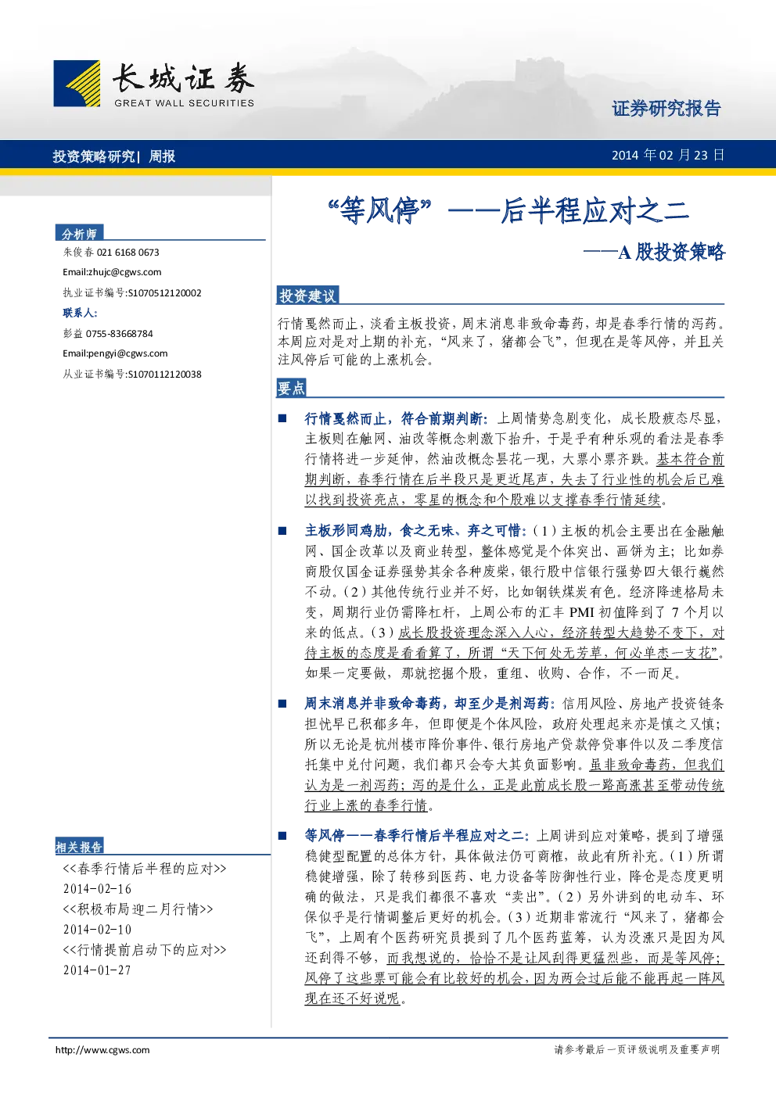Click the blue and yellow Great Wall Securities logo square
click(x=77, y=83)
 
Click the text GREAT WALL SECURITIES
click(x=184, y=103)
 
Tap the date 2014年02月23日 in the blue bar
click(x=668, y=156)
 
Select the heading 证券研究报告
click(x=666, y=108)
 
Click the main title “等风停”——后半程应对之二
click(x=508, y=210)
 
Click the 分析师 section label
click(x=79, y=234)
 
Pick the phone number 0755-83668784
click(x=120, y=334)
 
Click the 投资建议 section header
click(x=307, y=296)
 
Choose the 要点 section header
click(x=292, y=388)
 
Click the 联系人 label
click(x=80, y=313)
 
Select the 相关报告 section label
click(x=79, y=847)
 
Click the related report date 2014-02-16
click(x=97, y=889)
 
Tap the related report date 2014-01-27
click(x=97, y=970)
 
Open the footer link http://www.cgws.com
click(x=102, y=1049)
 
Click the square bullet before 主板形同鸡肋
click(x=282, y=531)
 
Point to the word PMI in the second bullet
click(x=581, y=612)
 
